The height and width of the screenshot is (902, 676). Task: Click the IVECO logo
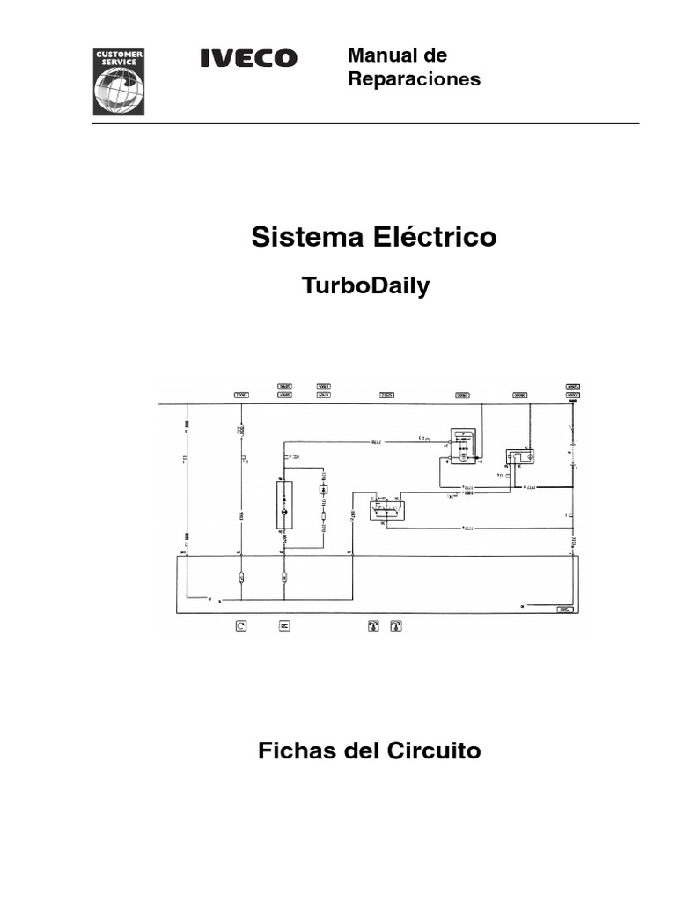pos(249,59)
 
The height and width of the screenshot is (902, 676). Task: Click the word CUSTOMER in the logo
pos(119,55)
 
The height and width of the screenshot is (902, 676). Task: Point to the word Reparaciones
pos(414,79)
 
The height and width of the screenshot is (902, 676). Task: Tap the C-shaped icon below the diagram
pos(241,626)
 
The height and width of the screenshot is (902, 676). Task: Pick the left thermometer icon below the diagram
pos(372,626)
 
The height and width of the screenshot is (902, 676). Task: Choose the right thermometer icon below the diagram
pos(397,626)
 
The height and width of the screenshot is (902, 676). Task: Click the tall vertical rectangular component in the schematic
pos(283,506)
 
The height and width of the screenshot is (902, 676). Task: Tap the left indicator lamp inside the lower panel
pos(241,579)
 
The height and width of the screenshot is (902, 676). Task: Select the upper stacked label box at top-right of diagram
pos(573,386)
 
